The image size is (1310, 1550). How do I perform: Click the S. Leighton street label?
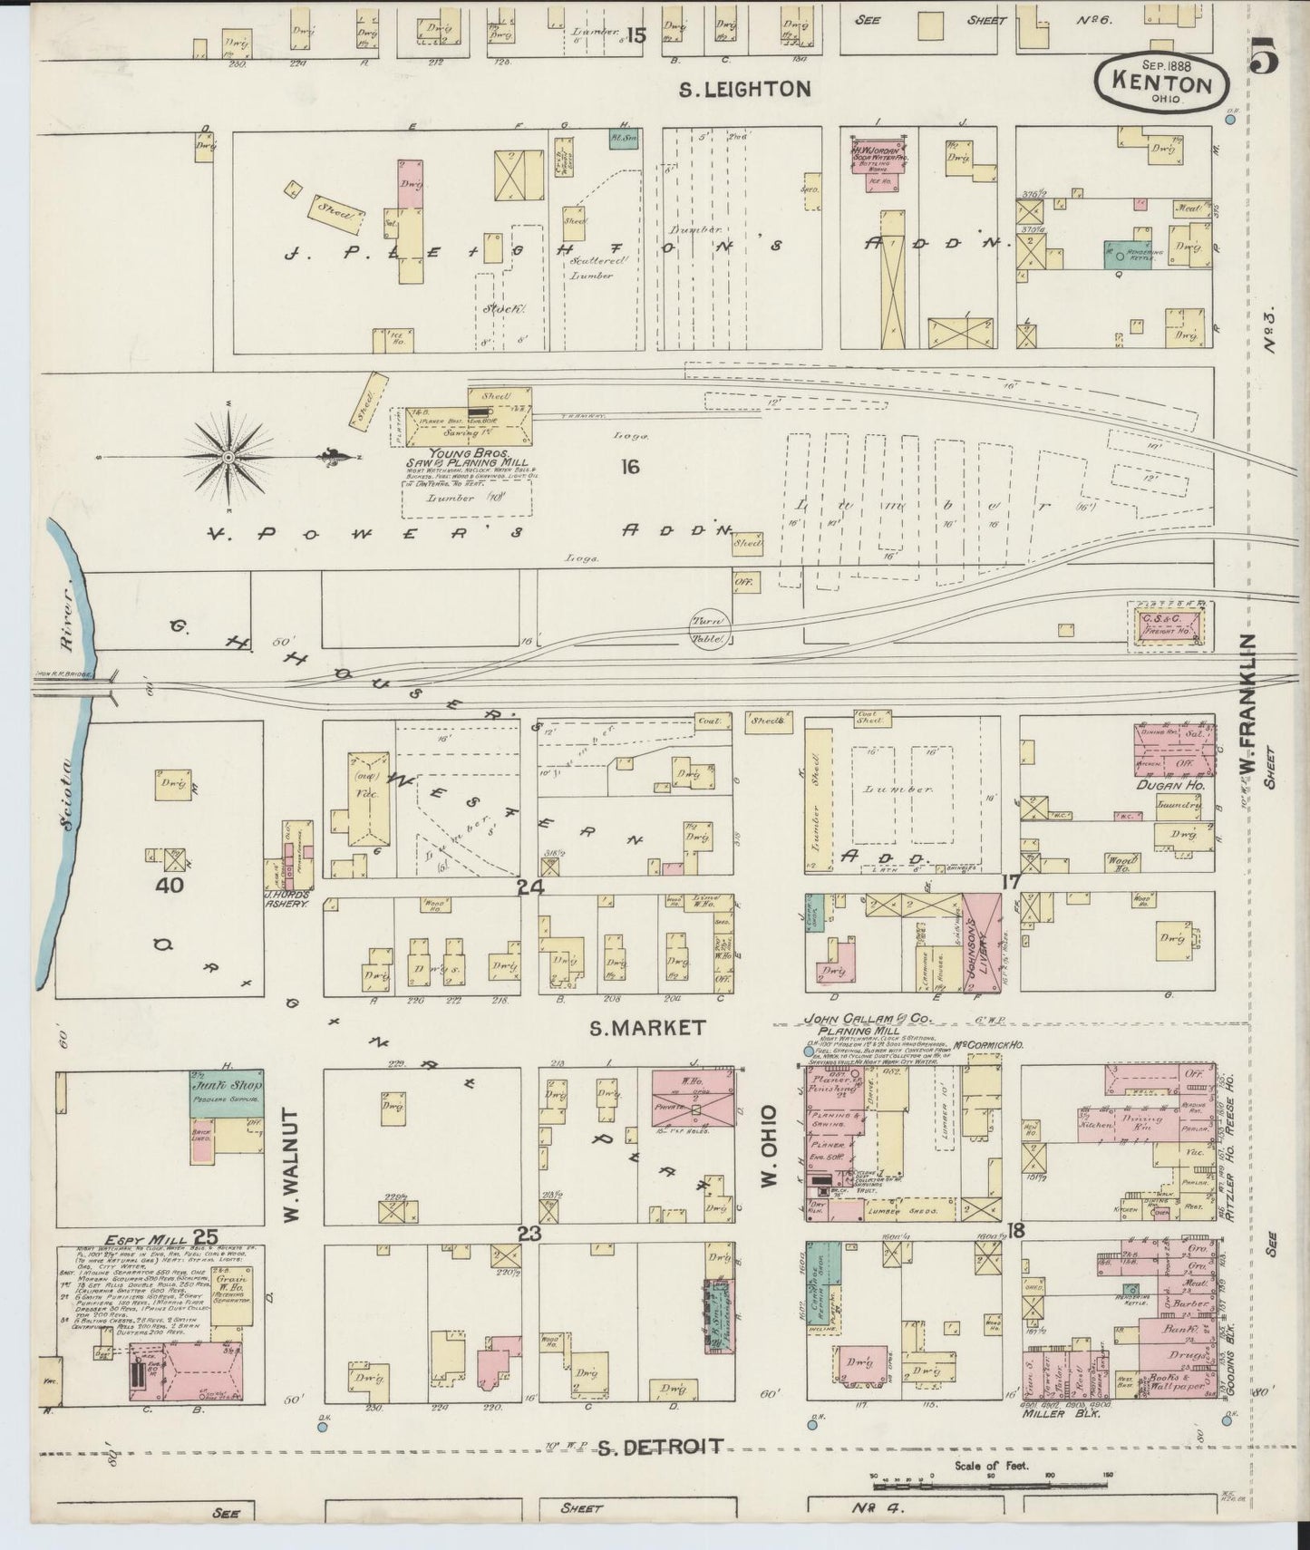pos(744,89)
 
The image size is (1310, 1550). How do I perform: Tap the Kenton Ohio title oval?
pos(1162,82)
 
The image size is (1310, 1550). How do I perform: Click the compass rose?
pos(228,457)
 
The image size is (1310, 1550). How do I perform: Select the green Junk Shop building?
pos(227,1093)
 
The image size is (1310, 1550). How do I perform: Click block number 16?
pos(630,467)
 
